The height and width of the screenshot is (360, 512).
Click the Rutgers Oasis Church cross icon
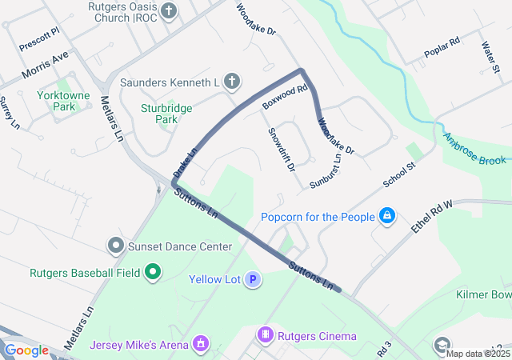pos(169,10)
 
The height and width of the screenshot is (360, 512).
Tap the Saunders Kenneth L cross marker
pos(231,82)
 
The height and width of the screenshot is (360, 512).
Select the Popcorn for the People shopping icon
pos(387,216)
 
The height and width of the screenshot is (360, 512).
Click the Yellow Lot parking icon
pos(253,279)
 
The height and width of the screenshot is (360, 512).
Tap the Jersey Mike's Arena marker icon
pos(201,345)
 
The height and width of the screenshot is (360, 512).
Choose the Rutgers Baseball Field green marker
pos(152,273)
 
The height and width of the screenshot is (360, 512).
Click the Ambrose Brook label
pos(475,149)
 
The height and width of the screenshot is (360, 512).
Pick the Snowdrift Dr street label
pos(282,150)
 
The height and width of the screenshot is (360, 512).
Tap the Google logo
pos(26,350)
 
